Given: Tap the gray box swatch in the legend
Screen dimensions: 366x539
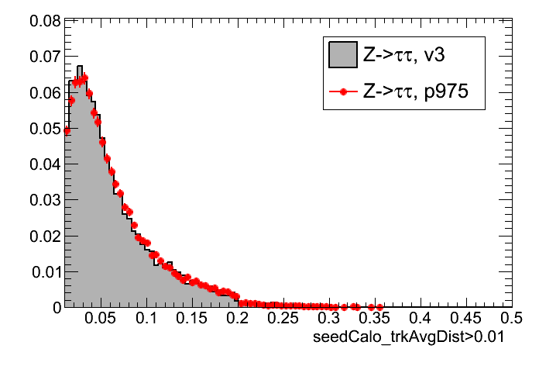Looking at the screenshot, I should pos(342,54).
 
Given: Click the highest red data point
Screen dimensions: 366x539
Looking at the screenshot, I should pos(84,77).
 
